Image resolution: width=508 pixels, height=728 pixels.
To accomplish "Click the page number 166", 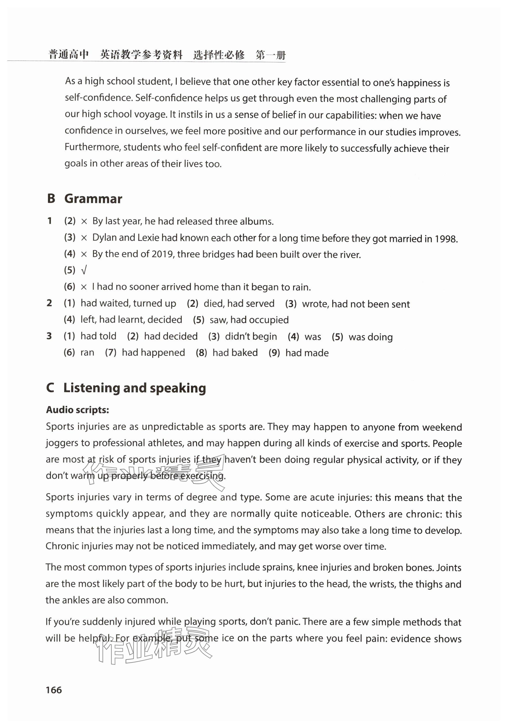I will pos(54,690).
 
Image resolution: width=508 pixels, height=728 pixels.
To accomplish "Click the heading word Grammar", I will pos(93,199).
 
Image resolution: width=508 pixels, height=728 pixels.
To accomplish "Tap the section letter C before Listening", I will pos(50,388).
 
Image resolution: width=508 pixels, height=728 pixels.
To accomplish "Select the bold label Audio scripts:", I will pos(77,410).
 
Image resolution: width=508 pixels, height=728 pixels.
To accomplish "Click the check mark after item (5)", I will pos(84,270).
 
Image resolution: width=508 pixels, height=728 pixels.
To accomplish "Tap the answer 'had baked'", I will pos(235,353).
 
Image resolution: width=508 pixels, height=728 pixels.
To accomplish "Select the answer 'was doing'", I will pos(370,337).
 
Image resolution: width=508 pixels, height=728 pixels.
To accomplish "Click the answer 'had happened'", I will pos(153,353).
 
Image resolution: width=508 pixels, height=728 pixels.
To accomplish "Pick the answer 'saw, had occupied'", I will pos(249,320).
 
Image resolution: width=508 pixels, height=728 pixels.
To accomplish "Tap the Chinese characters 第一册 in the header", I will pos(271,55).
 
